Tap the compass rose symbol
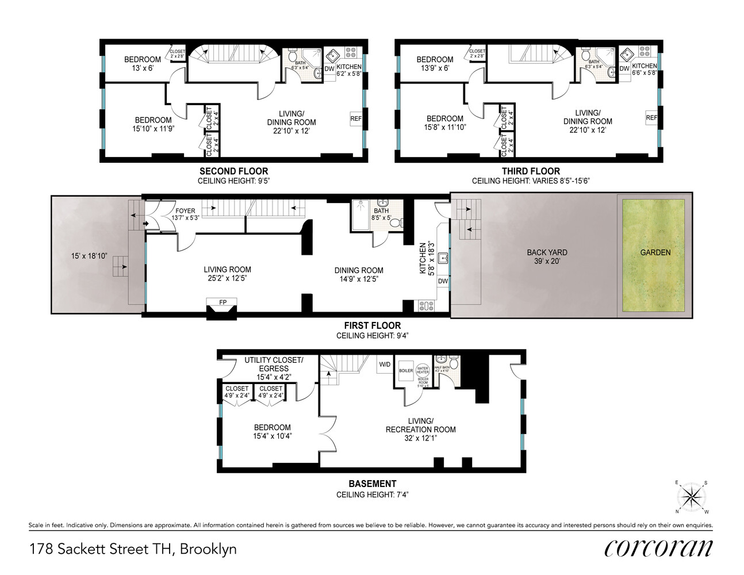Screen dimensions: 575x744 tap(692, 497)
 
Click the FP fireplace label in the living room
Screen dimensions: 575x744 tap(223, 302)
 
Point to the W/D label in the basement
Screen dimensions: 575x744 tap(385, 365)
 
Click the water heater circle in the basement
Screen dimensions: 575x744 tap(423, 370)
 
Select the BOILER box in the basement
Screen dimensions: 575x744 tap(406, 371)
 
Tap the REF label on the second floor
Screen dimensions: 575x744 tap(356, 119)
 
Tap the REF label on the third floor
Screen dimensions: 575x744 tap(651, 118)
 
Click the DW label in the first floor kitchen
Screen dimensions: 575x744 tap(443, 281)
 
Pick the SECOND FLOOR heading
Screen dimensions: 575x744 tap(233, 171)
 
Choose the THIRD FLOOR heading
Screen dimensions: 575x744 tap(531, 171)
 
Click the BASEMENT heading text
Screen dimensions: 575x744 tap(372, 484)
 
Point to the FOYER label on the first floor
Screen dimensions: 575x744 tap(185, 211)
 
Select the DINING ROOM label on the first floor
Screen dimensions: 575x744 tap(359, 270)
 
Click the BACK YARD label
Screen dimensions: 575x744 tap(547, 252)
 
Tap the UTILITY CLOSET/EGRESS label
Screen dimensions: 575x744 tap(274, 364)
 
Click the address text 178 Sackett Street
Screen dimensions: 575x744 tap(133, 549)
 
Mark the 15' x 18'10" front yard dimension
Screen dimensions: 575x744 tap(89, 256)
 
